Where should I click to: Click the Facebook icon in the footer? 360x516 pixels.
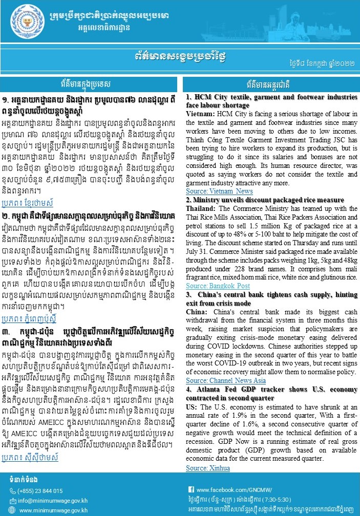pyautogui.click(x=191, y=490)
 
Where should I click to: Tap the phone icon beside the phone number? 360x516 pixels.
pyautogui.click(x=13, y=491)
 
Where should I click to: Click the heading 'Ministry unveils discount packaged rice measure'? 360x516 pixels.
pyautogui.click(x=261, y=200)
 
